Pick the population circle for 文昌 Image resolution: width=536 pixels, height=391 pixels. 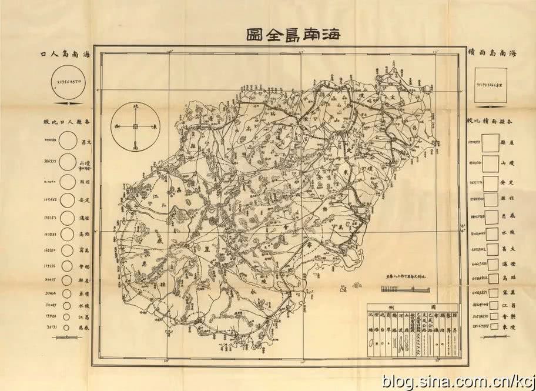click(68, 142)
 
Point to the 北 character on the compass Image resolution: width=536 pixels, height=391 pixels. click(135, 109)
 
